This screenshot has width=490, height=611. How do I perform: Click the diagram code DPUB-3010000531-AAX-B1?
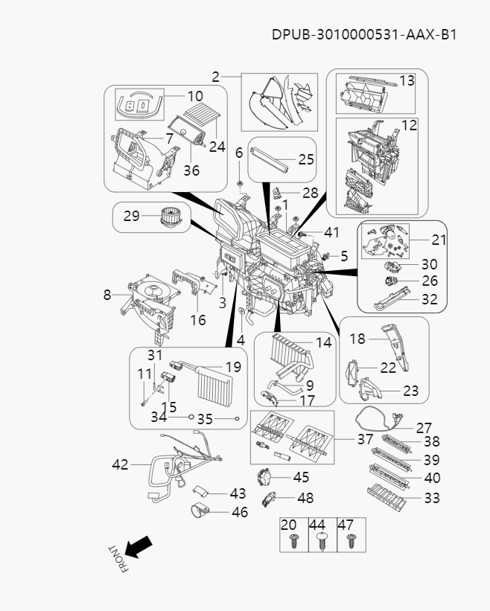point(363,34)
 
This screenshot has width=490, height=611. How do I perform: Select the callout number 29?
point(131,217)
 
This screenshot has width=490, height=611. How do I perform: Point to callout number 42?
point(120,464)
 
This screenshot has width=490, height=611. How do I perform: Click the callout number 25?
point(306,159)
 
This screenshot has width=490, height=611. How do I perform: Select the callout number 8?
point(107,295)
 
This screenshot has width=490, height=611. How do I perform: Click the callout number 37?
point(364,440)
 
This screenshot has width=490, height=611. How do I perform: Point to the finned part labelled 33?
point(387,496)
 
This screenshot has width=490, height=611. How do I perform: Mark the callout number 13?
point(407,80)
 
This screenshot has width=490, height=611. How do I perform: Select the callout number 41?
point(331,233)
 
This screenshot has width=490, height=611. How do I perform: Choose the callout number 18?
point(357,339)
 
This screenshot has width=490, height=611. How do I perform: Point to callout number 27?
point(424,428)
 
